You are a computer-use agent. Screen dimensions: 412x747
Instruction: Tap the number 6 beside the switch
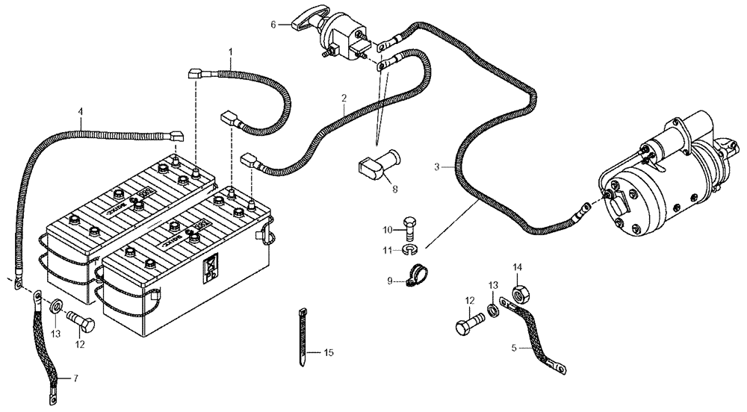(274, 24)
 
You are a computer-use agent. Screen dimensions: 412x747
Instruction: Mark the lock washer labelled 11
(408, 248)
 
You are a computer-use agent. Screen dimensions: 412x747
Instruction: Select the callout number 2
(344, 98)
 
